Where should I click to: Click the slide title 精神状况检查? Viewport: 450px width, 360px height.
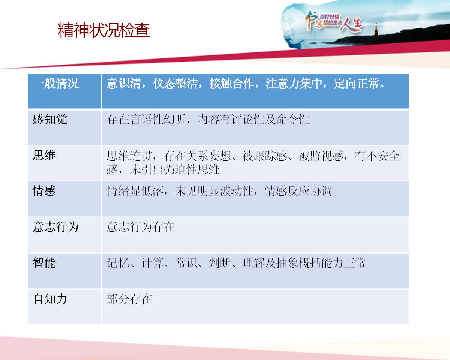click(104, 30)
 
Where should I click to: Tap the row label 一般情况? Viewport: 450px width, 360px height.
click(55, 83)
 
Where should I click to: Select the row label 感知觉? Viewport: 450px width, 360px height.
click(50, 119)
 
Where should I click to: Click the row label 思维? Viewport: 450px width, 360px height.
click(44, 155)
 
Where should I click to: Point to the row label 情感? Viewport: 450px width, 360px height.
click(44, 191)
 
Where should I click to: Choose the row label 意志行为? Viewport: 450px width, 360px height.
click(55, 227)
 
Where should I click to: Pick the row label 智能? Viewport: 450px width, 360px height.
click(44, 263)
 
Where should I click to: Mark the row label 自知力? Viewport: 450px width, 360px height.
click(50, 299)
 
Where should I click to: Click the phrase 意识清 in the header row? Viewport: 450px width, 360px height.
click(123, 83)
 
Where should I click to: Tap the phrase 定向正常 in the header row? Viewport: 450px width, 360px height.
click(356, 83)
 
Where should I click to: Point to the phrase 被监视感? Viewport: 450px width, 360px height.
click(321, 156)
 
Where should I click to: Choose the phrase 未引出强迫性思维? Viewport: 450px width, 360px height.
click(175, 169)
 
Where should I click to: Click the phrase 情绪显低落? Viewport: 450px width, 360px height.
click(135, 191)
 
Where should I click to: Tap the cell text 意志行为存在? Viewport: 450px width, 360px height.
click(140, 227)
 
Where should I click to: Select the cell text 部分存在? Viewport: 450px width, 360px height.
click(129, 299)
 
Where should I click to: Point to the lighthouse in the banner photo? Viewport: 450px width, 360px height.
click(376, 29)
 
